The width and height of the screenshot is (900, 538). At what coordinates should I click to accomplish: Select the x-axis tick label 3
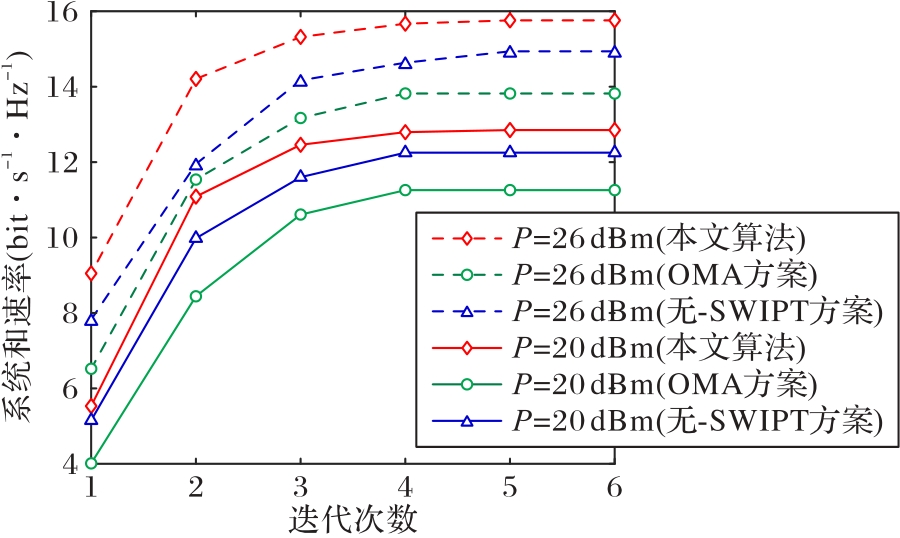(x=300, y=487)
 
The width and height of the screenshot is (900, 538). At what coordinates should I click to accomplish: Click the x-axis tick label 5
(x=509, y=487)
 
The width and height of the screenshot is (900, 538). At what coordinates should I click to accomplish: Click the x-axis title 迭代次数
(x=352, y=519)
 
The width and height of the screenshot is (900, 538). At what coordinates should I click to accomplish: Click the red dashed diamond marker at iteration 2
(x=196, y=79)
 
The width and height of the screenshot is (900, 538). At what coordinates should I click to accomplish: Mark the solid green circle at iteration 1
(x=91, y=464)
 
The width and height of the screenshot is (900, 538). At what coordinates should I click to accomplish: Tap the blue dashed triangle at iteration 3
(x=300, y=81)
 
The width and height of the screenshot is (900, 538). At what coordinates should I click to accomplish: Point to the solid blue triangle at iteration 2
(x=196, y=238)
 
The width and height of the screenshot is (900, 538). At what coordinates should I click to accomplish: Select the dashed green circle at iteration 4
(x=405, y=93)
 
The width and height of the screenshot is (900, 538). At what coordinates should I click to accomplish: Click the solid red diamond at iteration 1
(x=91, y=406)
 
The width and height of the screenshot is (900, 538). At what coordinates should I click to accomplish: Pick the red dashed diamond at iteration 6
(x=614, y=20)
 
